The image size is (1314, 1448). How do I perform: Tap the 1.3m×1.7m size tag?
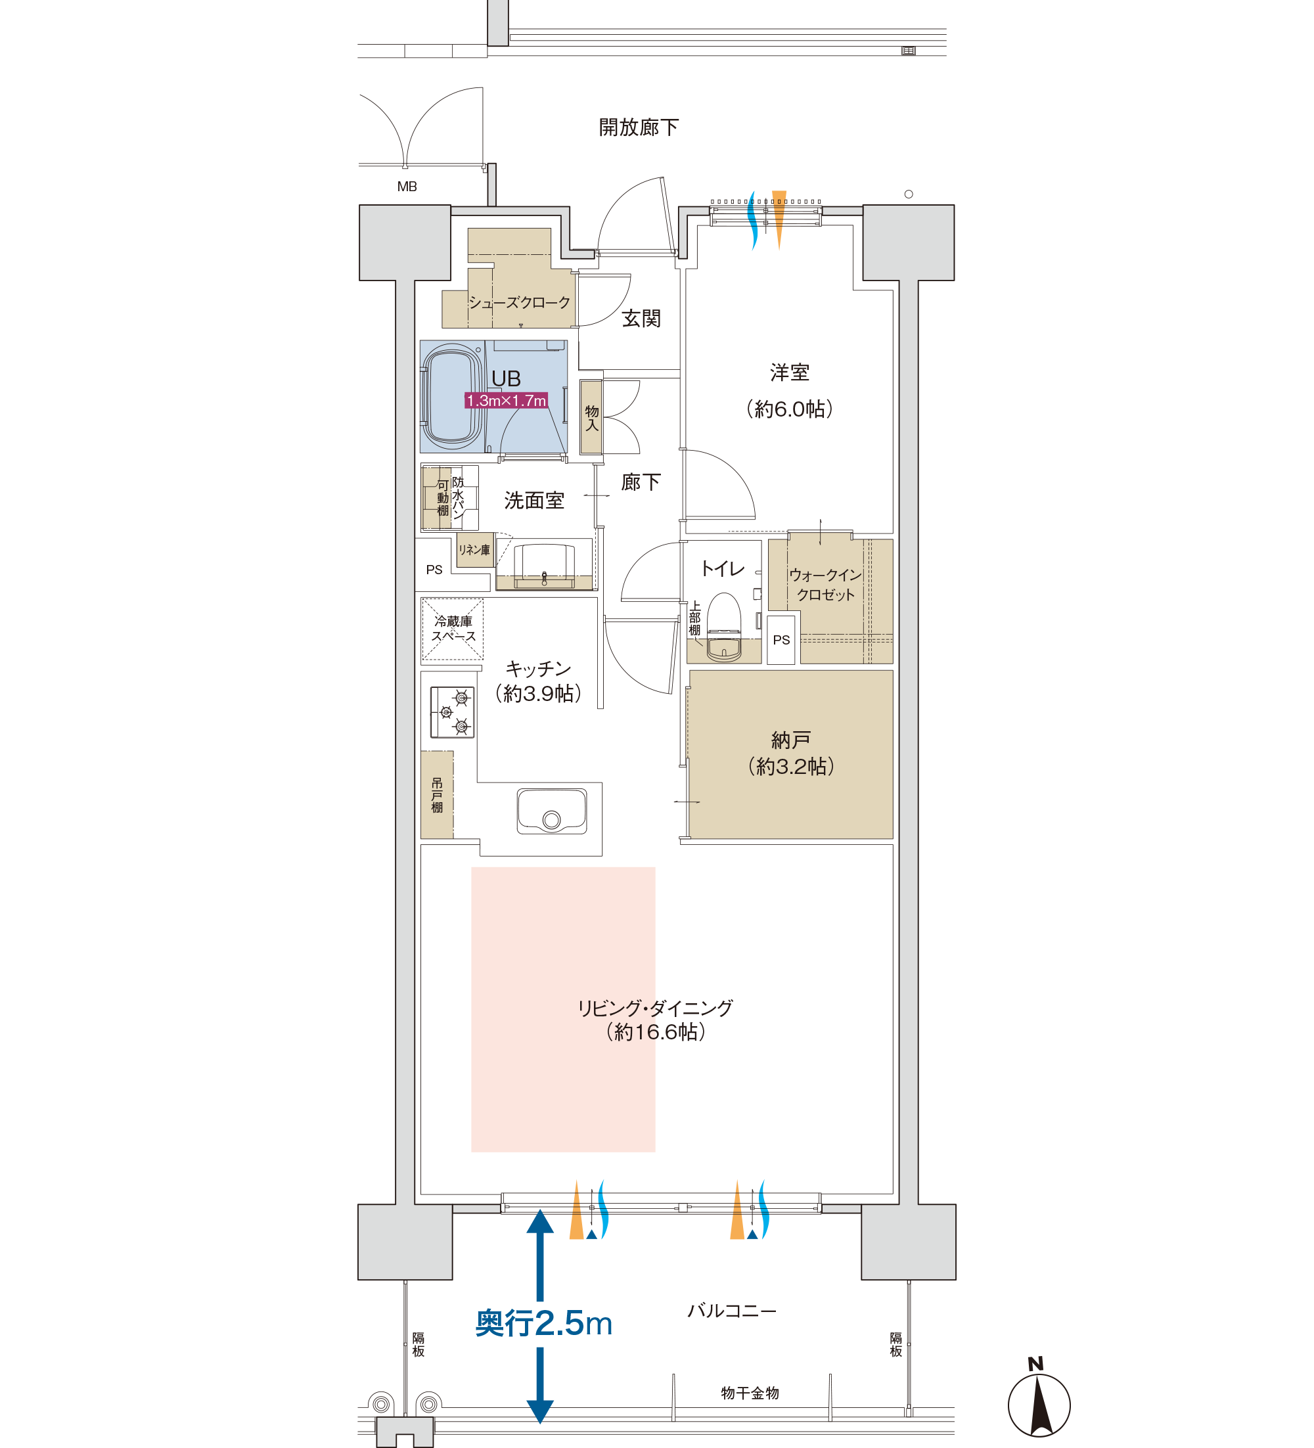click(506, 400)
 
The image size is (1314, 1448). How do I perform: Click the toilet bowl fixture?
click(723, 626)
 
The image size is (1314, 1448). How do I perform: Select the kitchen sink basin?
click(552, 811)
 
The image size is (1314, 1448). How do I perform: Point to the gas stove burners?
click(452, 712)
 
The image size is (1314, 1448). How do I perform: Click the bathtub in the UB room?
click(452, 396)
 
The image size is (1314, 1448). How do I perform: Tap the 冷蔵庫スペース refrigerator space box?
click(452, 629)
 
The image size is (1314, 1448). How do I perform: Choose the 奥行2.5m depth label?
click(544, 1323)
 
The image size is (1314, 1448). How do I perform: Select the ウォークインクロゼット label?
click(825, 585)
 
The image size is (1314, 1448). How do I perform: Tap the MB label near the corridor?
click(407, 186)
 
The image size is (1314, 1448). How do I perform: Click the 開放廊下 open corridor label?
click(639, 127)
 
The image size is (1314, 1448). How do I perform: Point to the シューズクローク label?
click(519, 302)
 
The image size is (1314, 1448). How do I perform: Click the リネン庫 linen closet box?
click(474, 549)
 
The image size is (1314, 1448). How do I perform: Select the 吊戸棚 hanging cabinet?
click(437, 794)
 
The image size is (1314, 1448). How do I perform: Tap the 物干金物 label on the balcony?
click(750, 1393)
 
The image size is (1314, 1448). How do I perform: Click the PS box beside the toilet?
click(781, 639)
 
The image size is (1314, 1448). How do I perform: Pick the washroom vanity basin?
click(544, 562)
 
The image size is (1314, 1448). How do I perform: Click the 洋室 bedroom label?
click(790, 372)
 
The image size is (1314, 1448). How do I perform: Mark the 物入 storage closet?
click(591, 417)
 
